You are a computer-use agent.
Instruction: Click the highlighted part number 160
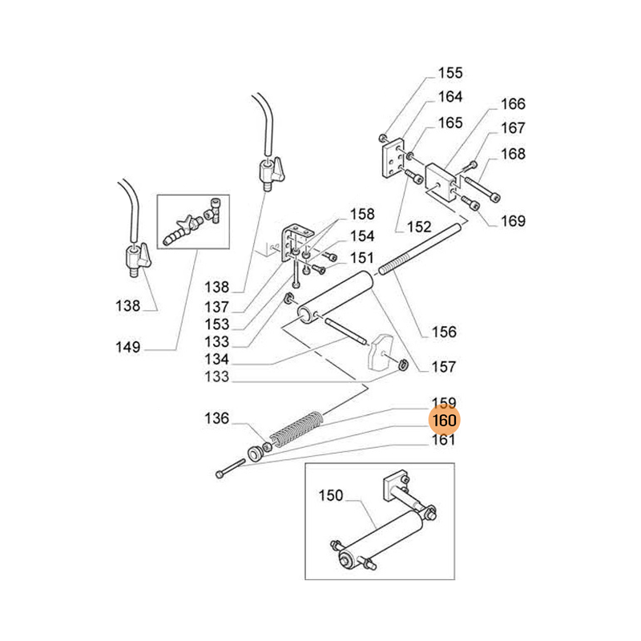pos(444,421)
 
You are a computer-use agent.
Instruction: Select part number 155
pos(450,74)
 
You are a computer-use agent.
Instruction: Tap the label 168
pos(513,155)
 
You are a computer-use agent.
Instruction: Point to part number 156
pos(444,332)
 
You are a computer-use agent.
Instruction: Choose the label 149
pos(127,347)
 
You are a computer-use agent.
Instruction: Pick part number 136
pos(216,418)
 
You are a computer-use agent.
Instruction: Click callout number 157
pos(443,367)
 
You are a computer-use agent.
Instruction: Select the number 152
pos(417,227)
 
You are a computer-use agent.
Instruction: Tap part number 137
pos(216,307)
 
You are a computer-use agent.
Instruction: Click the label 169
pos(513,221)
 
